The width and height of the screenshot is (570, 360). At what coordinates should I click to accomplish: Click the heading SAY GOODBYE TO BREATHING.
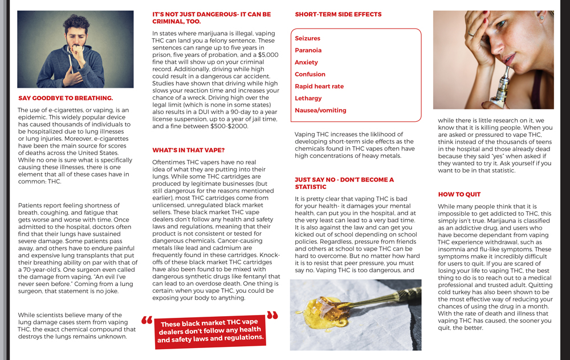coord(66,98)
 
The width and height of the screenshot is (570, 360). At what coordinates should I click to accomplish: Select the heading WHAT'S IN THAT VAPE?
coord(188,150)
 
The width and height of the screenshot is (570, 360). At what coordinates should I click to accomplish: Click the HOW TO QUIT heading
coord(459,194)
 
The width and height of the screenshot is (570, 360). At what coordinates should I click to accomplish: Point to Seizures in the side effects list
coord(307,38)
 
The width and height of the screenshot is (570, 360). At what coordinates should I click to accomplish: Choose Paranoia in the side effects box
coord(308,50)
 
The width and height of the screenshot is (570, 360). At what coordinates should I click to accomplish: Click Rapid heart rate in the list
coord(319,87)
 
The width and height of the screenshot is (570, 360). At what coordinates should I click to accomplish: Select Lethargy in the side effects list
coord(308,99)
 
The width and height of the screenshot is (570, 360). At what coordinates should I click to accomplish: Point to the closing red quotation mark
coord(272,315)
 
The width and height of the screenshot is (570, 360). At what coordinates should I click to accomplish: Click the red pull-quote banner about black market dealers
coord(211,331)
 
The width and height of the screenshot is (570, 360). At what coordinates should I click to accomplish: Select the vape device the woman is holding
coord(502,85)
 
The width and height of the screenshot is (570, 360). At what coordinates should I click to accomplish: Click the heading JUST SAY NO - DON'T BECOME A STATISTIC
coord(344,183)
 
